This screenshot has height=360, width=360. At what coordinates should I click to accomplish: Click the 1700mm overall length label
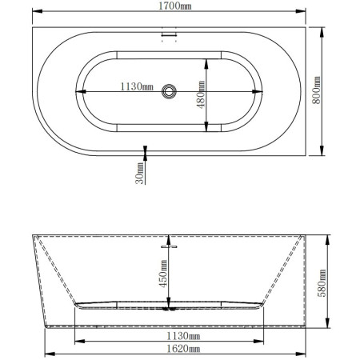pyautogui.click(x=175, y=6)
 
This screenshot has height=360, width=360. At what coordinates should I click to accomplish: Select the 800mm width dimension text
pyautogui.click(x=316, y=90)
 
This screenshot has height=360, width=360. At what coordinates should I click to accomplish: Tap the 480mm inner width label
pyautogui.click(x=201, y=94)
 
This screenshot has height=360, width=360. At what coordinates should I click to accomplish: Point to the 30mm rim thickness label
pyautogui.click(x=139, y=174)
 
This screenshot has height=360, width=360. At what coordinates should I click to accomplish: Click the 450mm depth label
pyautogui.click(x=163, y=274)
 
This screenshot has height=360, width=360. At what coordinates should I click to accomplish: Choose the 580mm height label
pyautogui.click(x=322, y=283)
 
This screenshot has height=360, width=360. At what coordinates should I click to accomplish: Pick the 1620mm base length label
pyautogui.click(x=183, y=349)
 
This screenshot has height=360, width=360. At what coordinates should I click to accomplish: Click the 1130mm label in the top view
pyautogui.click(x=137, y=86)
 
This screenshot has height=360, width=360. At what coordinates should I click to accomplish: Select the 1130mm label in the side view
pyautogui.click(x=183, y=336)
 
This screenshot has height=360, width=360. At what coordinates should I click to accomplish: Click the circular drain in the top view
pyautogui.click(x=169, y=91)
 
